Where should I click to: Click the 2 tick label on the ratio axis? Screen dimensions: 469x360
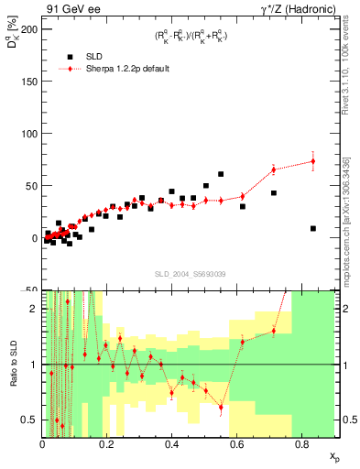[34, 309]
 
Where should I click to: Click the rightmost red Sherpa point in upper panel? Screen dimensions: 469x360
[313, 161]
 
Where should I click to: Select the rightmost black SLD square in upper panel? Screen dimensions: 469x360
[313, 228]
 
